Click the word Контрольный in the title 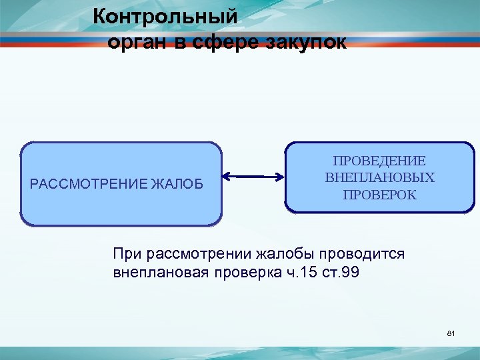pos(165,15)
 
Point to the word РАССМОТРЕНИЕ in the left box pos(89,183)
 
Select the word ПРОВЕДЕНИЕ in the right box pos(379,161)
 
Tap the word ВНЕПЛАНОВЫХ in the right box pos(379,178)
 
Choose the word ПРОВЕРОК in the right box pos(379,195)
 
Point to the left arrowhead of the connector pos(225,177)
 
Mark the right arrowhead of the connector pos(281,177)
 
